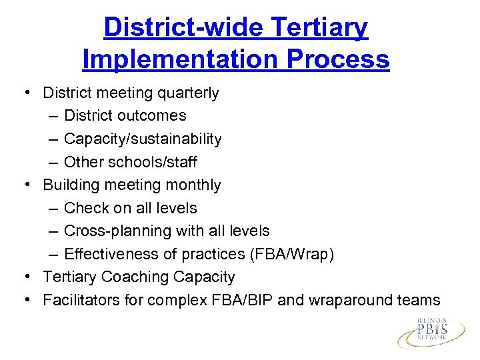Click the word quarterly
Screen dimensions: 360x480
190,93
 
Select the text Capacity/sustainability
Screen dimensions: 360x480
143,139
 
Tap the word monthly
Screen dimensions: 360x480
193,185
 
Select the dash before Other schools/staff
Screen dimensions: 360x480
53,162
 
